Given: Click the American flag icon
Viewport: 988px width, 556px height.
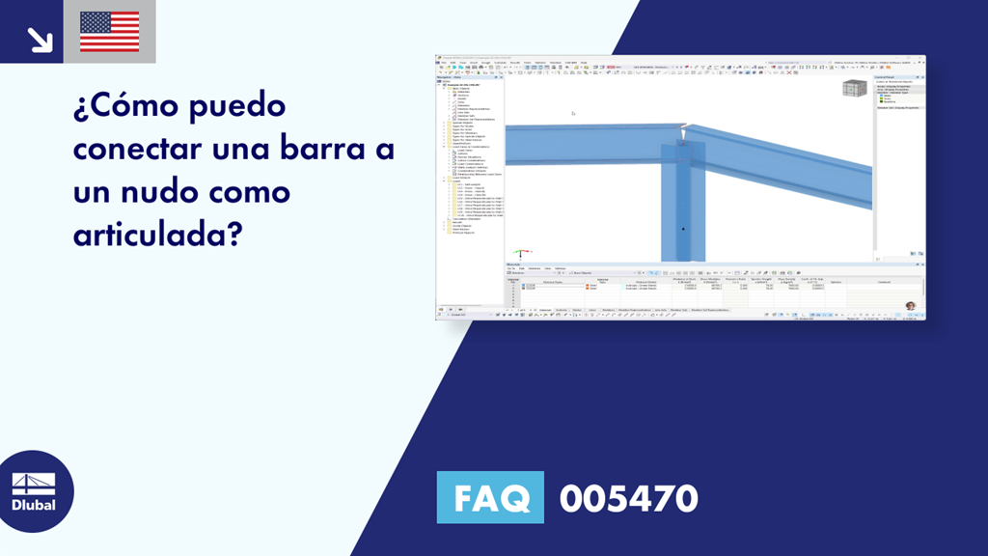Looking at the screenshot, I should coord(109,32).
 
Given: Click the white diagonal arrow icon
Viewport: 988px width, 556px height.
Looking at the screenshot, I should coord(40,39).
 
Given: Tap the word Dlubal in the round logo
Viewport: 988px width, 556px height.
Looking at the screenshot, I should coord(33,505).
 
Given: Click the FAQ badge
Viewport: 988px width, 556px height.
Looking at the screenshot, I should coord(490,498).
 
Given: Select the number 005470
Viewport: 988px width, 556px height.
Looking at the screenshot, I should coord(628,498).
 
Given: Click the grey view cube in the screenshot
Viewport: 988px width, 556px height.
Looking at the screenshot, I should coord(853,89).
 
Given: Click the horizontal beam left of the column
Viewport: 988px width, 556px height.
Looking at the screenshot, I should coord(579,145).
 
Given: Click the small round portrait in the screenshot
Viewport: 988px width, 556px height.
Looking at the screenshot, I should coord(910,306).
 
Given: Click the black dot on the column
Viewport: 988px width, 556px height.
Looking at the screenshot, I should coord(683,229).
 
